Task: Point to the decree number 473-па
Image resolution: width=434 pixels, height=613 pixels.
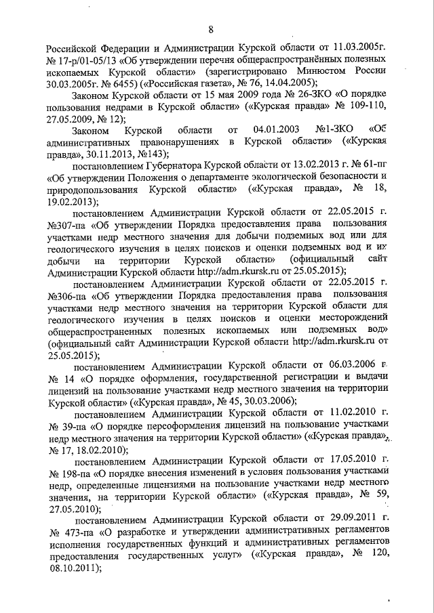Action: [76, 532]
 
